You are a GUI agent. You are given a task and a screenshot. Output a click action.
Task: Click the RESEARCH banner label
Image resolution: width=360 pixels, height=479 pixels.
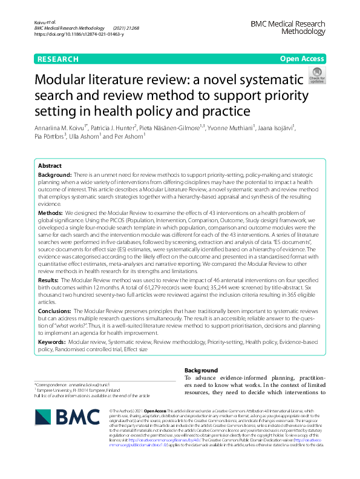pos(58,59)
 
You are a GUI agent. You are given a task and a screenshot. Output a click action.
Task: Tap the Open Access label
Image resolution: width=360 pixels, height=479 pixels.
pos(301,59)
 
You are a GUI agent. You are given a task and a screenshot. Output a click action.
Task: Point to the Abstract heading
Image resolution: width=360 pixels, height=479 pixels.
pos(50,165)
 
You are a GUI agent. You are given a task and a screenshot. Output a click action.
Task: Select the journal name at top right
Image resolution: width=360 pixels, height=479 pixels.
pos(287,28)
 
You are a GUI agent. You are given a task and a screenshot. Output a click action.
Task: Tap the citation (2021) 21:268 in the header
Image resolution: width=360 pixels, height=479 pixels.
pos(126,28)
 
